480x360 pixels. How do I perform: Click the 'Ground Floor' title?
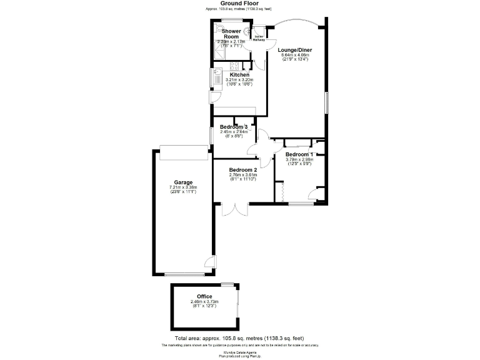coord(239,3)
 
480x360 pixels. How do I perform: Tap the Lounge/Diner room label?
coord(296,50)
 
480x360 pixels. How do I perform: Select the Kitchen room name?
coord(239,75)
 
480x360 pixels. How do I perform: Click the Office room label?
coord(204,296)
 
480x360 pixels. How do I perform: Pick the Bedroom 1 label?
coord(298,154)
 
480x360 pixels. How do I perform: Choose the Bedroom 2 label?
coord(243,170)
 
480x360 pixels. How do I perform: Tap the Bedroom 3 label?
coord(234,127)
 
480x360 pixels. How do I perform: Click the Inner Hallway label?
coord(259,38)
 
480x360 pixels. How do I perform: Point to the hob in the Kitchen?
coord(235,66)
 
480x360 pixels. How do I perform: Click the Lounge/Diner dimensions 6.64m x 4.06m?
coord(296,56)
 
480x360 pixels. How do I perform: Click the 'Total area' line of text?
coord(240,337)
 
